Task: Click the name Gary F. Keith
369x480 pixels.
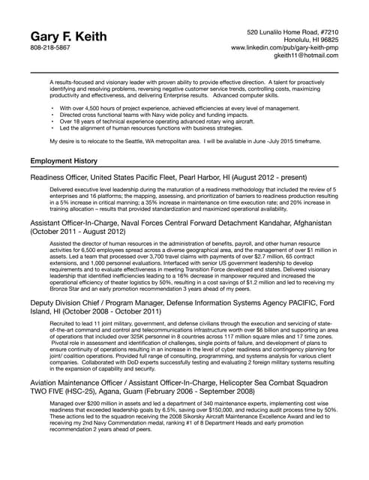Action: click(x=68, y=37)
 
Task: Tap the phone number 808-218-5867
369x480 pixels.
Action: click(x=50, y=47)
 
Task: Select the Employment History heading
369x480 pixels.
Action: click(x=64, y=161)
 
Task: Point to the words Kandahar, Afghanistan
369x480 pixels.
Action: click(x=293, y=223)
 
